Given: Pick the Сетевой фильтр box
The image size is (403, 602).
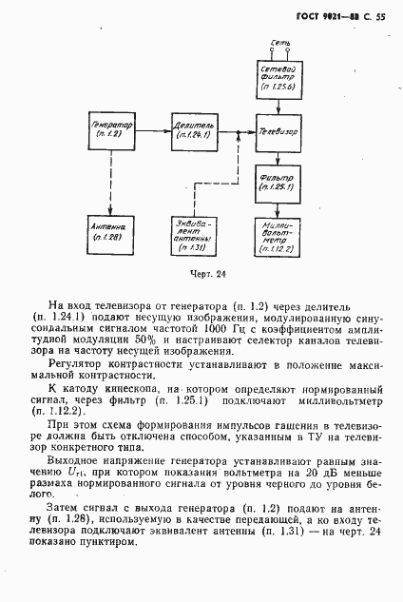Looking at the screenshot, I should tap(279, 75).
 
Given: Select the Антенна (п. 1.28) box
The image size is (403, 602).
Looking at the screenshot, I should tap(112, 233).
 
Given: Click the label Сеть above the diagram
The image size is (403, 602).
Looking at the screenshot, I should tap(279, 43).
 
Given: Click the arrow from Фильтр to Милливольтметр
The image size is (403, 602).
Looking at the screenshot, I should tap(279, 206).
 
